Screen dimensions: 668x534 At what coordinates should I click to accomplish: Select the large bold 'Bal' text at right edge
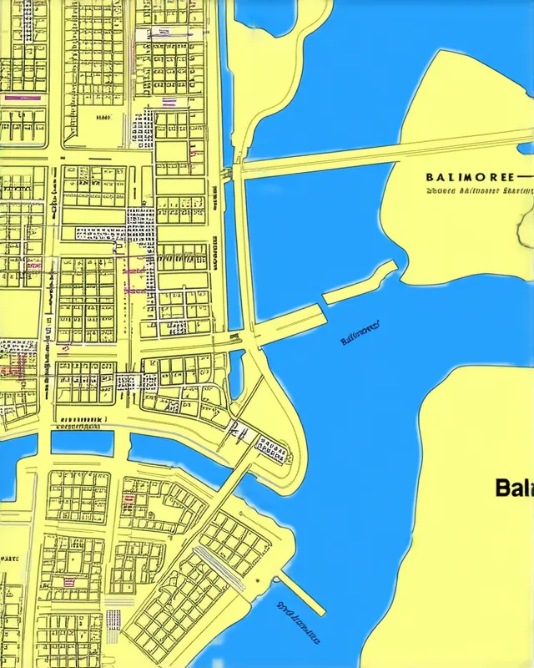(x=514, y=488)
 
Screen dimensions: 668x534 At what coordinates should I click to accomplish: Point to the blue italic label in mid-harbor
(x=360, y=333)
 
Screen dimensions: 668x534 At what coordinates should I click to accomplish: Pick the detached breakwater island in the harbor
(x=360, y=283)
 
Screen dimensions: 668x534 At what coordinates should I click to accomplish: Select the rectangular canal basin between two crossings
(x=82, y=442)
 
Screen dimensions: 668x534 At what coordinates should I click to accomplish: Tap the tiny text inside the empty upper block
(x=103, y=119)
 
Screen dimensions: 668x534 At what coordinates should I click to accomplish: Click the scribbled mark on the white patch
(x=237, y=431)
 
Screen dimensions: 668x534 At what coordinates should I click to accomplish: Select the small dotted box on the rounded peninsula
(x=271, y=449)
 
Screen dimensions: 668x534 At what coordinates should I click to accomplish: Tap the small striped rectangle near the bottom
(x=114, y=619)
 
